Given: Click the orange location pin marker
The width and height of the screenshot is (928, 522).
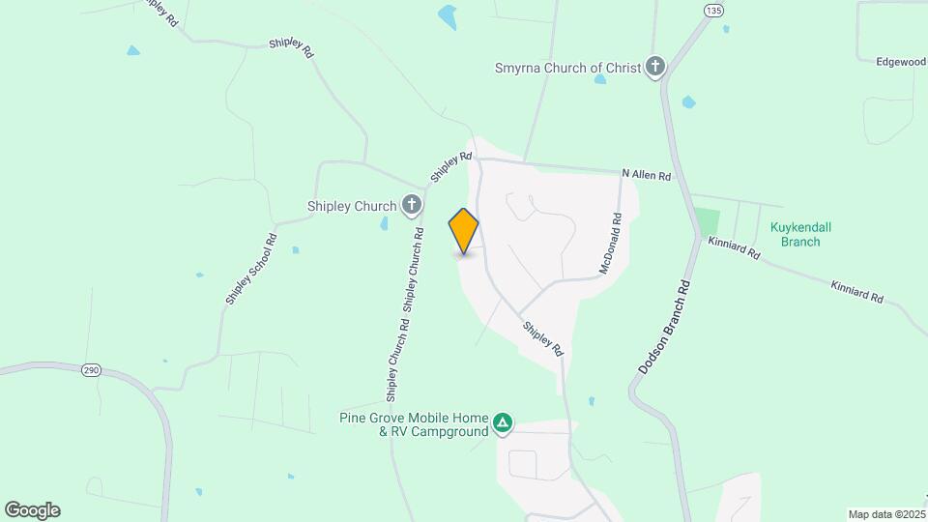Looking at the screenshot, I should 464,231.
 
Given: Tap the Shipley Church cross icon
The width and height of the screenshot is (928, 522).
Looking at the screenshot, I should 412,205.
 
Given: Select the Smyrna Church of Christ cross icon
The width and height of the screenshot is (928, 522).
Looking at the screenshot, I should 655,68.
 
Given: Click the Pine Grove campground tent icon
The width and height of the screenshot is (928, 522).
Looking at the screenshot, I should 502,422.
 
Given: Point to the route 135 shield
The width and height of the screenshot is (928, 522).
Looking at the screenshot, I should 713,11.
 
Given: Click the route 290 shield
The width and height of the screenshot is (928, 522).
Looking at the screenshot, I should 91,370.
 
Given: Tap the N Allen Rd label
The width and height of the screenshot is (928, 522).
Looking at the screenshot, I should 646,175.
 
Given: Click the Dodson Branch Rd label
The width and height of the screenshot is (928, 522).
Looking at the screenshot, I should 667,328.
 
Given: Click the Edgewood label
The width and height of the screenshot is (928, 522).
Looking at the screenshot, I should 901,62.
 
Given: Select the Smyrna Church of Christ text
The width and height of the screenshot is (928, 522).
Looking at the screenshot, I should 567,69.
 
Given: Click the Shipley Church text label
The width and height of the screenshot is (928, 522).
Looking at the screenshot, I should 352,206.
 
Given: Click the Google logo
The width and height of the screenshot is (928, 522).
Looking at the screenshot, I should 32,510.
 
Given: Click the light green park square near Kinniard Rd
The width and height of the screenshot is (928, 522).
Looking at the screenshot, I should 707,219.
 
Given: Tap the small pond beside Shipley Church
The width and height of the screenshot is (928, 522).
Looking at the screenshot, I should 385,224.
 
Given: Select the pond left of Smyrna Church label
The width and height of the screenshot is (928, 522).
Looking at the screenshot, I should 447,16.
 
